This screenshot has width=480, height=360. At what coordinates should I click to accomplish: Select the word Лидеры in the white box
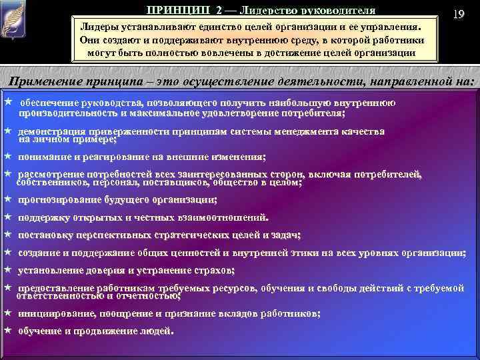point(98,26)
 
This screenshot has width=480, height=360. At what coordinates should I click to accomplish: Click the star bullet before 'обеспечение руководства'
point(7,103)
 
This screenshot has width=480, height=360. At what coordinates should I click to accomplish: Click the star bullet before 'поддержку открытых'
point(7,217)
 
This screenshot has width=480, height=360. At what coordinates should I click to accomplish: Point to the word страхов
point(217,270)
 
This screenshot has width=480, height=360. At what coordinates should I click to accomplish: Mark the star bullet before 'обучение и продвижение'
point(7,331)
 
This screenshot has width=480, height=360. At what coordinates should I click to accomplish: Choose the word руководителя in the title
point(337,10)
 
